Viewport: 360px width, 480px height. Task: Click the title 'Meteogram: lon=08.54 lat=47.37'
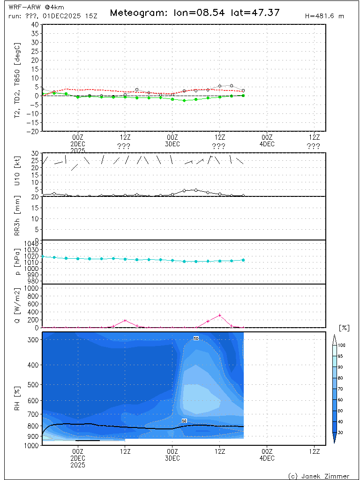(x=195, y=13)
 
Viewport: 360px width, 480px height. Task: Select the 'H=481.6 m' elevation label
(x=324, y=16)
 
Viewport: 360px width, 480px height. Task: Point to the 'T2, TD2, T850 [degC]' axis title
(x=17, y=77)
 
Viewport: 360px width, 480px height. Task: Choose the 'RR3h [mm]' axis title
(x=17, y=218)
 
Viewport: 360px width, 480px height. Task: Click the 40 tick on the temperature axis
(x=35, y=24)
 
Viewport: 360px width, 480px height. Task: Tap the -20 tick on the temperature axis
(x=33, y=132)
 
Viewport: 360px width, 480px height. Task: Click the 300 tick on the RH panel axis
(x=34, y=339)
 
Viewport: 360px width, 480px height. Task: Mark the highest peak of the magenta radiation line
(x=219, y=315)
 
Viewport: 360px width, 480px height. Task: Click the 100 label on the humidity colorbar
(x=342, y=345)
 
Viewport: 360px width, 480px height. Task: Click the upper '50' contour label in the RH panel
(x=196, y=338)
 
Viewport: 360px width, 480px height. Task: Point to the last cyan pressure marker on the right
(x=243, y=260)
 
